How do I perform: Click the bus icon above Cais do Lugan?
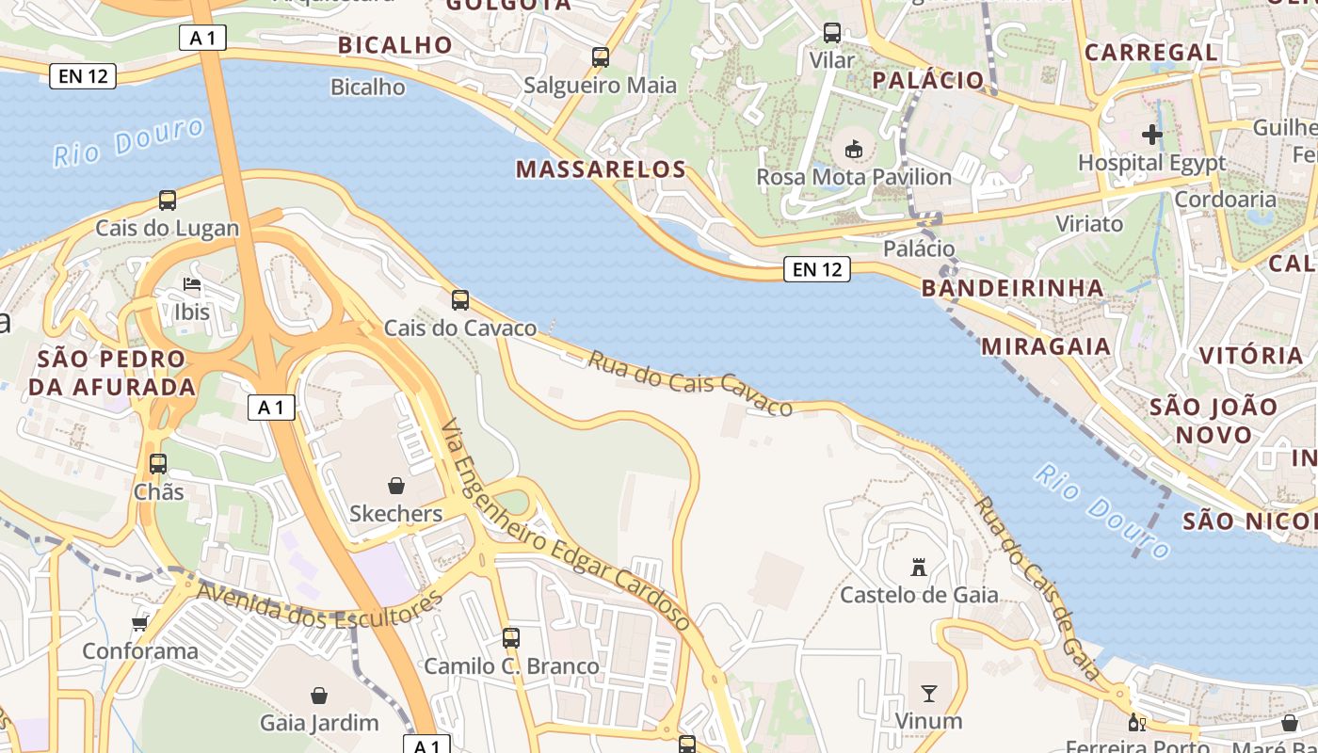[x=168, y=200]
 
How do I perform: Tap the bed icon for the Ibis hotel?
[x=192, y=283]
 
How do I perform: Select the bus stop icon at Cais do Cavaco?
[x=460, y=300]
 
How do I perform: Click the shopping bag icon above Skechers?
[x=396, y=486]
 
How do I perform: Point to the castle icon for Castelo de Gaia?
[x=919, y=567]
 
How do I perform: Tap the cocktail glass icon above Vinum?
[x=929, y=695]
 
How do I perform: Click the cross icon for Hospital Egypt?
[x=1152, y=135]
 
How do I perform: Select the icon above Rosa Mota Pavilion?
[x=854, y=149]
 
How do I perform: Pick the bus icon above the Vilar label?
[x=832, y=33]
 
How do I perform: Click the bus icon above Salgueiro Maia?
[x=601, y=57]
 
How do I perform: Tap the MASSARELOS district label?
[x=602, y=169]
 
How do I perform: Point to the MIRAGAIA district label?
[x=1046, y=346]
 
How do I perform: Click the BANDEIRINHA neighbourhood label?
[x=1013, y=287]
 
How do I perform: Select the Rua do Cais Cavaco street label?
[x=690, y=383]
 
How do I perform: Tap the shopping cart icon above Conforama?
[x=140, y=623]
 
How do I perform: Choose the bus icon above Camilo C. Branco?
[x=511, y=638]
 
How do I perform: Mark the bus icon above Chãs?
[x=158, y=464]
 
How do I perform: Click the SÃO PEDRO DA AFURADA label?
[x=112, y=373]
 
